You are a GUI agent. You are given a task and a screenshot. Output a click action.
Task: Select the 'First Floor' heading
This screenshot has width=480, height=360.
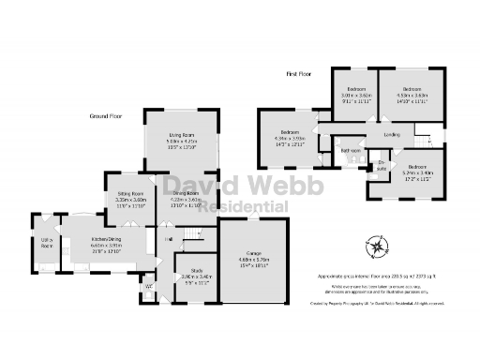tap(299, 72)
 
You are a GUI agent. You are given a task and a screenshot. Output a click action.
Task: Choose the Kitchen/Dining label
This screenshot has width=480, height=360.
tap(92, 243)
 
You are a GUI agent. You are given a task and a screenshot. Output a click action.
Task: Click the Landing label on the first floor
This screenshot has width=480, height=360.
tap(395, 136)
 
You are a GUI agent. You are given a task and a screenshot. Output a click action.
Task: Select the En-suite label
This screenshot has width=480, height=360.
tap(382, 165)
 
